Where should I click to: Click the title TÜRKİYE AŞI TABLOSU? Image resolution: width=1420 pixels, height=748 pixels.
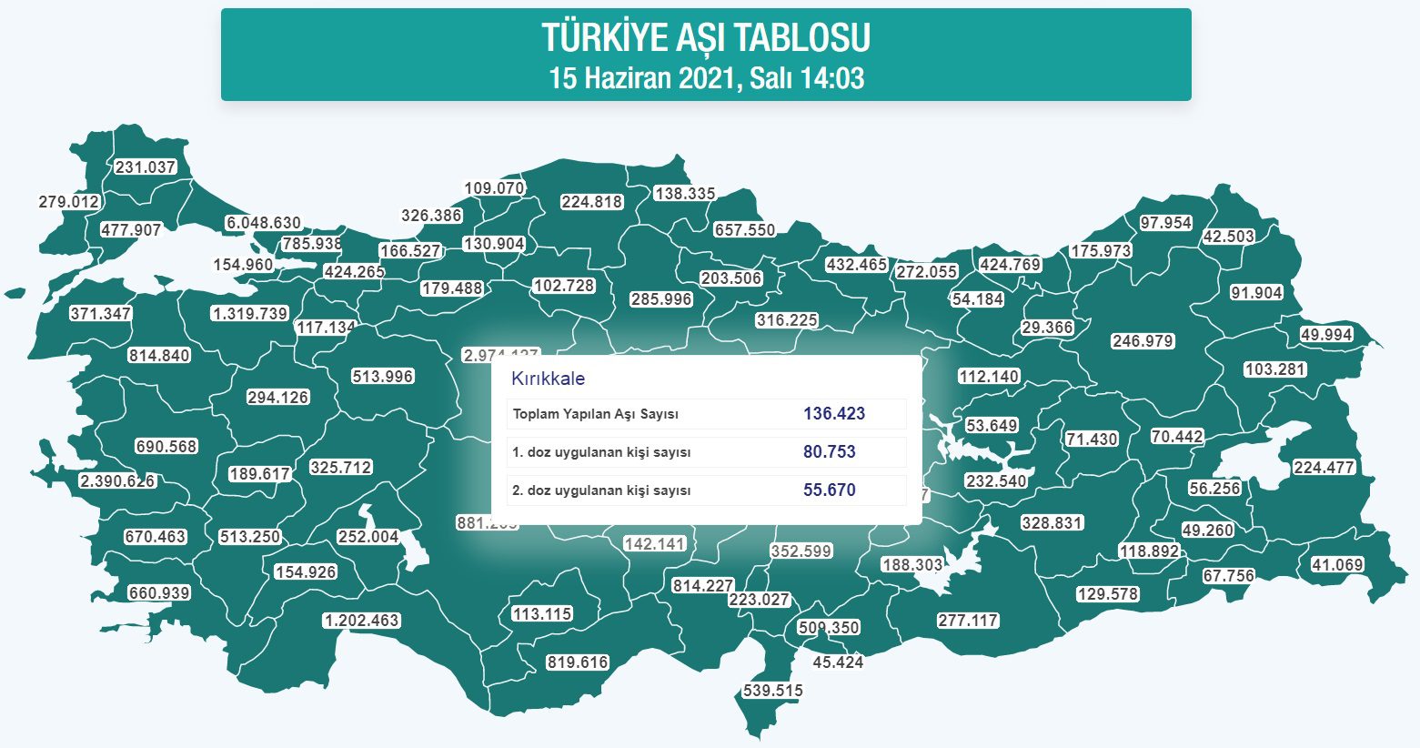(706, 38)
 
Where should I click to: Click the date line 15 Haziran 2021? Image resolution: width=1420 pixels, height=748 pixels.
(706, 78)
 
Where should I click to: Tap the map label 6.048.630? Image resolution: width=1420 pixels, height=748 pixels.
(264, 223)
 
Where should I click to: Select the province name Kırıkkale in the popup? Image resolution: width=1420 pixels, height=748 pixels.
(548, 379)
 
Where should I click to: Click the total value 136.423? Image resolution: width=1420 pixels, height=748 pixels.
(834, 414)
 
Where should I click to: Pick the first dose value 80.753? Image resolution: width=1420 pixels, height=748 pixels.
(829, 452)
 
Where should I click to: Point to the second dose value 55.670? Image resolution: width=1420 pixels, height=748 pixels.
(829, 490)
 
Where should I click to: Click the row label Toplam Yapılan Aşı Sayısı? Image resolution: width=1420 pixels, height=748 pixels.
(596, 414)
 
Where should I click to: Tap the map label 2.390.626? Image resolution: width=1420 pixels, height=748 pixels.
(117, 480)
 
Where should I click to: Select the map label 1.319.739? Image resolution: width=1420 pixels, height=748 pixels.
(249, 313)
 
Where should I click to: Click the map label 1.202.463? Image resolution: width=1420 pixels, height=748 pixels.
(361, 621)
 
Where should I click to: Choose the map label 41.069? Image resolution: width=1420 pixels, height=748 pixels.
(1337, 565)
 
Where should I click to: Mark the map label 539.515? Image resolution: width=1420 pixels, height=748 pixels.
(773, 691)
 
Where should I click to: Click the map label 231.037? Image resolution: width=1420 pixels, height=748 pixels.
(146, 167)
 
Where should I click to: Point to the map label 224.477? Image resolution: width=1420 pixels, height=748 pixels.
(1324, 468)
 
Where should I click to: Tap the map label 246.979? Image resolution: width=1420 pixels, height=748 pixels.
(1143, 341)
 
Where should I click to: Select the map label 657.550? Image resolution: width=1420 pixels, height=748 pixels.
(745, 230)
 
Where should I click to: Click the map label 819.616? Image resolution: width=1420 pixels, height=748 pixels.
(578, 662)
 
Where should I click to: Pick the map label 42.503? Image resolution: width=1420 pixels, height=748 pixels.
(1228, 236)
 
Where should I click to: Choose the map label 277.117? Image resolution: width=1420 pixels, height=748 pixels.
(968, 621)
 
